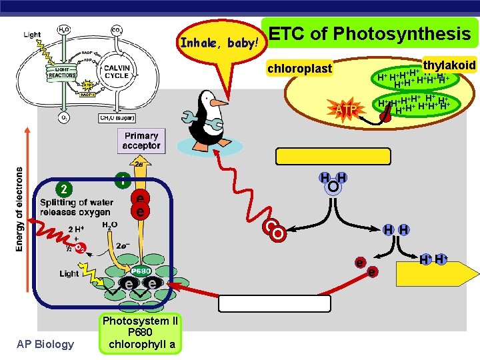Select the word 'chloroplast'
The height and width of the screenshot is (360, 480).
tap(299, 69)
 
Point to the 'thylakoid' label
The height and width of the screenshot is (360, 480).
tap(449, 65)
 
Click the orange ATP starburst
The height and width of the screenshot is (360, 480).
tap(345, 108)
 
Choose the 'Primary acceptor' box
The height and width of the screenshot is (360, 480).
tap(141, 141)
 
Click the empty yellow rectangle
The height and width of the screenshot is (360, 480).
tap(333, 156)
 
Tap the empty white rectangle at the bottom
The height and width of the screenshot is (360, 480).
tap(275, 303)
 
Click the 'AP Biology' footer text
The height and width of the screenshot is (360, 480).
tap(46, 344)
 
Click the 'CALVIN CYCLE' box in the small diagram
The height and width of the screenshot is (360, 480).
tap(116, 71)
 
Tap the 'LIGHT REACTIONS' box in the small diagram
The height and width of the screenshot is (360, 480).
tap(62, 72)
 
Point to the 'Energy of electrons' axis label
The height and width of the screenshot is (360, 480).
tap(20, 209)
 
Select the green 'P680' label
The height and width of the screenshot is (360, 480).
tap(140, 272)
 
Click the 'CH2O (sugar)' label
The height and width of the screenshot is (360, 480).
tap(117, 118)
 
